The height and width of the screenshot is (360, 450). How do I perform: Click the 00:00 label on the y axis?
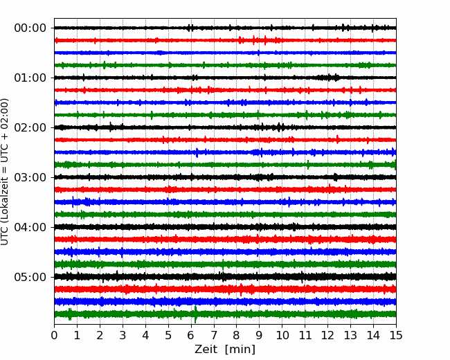[30, 28]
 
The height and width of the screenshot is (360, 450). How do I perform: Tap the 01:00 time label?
[30, 78]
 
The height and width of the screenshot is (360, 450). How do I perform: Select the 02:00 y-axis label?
[30, 128]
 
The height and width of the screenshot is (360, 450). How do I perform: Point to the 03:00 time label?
[30, 177]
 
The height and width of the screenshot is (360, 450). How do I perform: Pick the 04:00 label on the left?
[30, 227]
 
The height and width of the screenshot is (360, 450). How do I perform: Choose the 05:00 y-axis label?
[30, 277]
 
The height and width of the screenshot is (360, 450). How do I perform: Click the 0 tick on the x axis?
[54, 335]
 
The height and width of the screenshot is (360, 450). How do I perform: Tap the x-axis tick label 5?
[168, 335]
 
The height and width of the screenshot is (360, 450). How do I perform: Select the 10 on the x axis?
[282, 335]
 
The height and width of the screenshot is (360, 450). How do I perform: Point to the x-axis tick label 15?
[396, 335]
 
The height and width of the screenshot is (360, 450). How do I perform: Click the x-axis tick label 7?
[214, 335]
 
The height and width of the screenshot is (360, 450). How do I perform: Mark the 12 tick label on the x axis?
[327, 335]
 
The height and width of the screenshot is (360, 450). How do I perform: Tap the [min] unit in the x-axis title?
[240, 350]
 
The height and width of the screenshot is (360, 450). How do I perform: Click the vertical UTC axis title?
[5, 172]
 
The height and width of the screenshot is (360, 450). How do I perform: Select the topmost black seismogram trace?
[225, 28]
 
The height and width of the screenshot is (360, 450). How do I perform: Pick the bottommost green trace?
[225, 314]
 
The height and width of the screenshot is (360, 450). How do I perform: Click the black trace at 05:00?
[225, 277]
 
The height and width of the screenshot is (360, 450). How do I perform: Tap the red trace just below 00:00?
[225, 40]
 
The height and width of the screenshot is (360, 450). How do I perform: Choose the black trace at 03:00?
[225, 177]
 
